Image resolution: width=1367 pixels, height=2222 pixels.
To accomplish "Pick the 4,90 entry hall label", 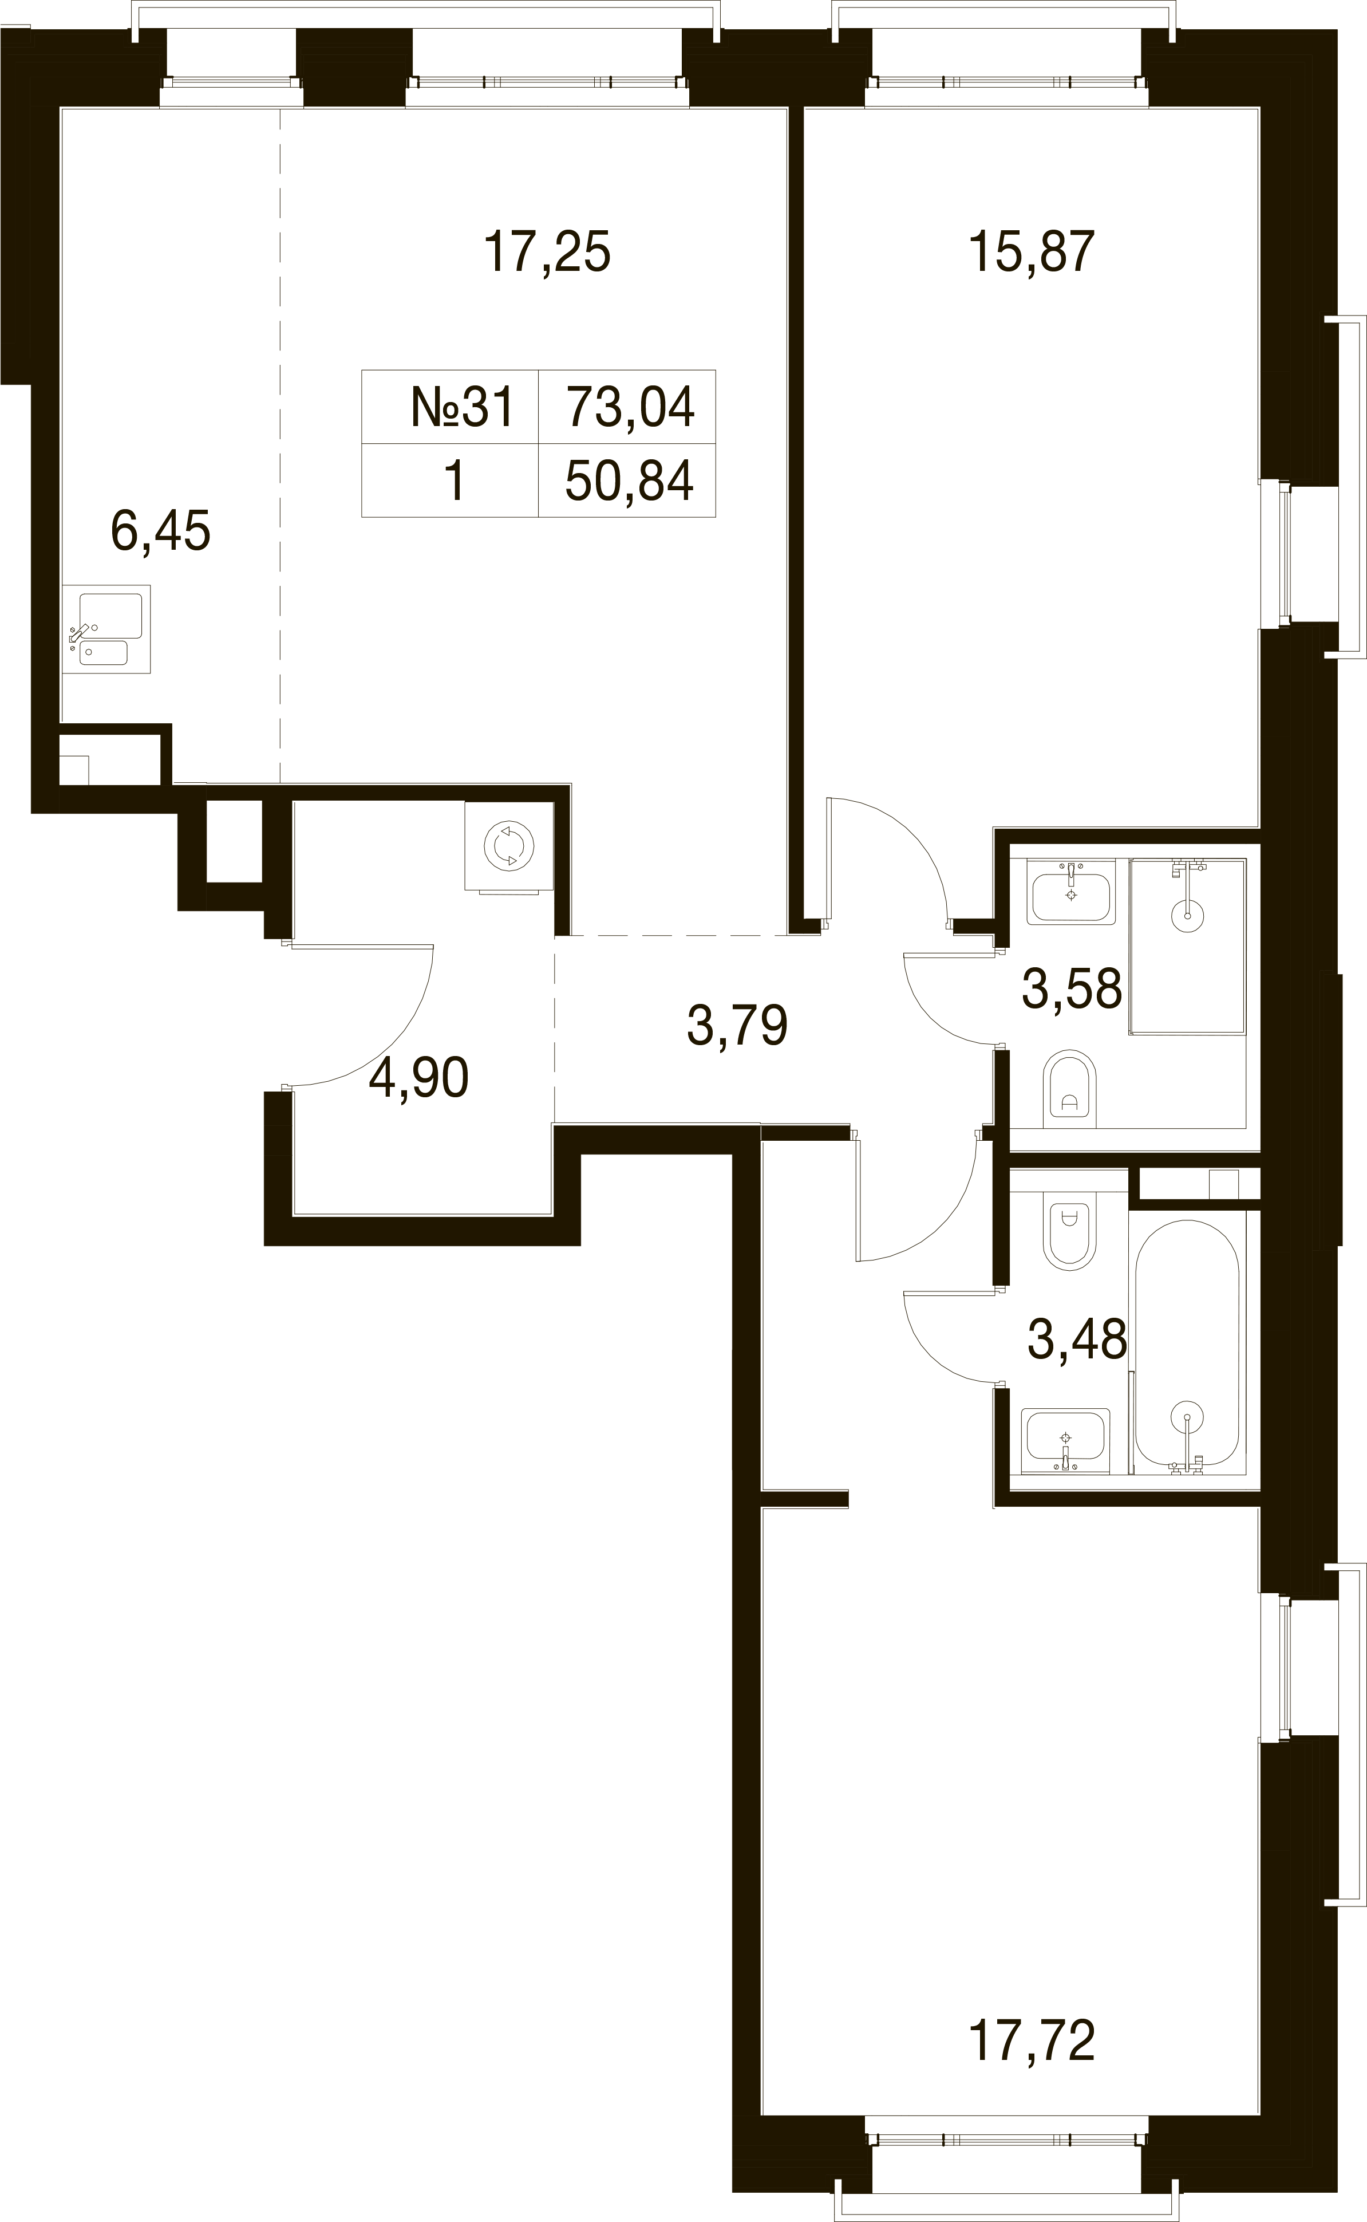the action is [x=418, y=1078].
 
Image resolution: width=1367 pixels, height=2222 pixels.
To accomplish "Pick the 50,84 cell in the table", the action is [x=630, y=480].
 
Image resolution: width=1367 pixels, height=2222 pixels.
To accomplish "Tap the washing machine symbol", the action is [x=509, y=846].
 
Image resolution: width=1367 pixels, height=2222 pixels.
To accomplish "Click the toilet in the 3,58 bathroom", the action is [x=1069, y=1089].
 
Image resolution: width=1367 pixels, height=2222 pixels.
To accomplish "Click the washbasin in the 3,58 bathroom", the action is [x=1072, y=891].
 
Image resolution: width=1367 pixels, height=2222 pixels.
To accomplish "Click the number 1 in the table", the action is [x=454, y=480].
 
